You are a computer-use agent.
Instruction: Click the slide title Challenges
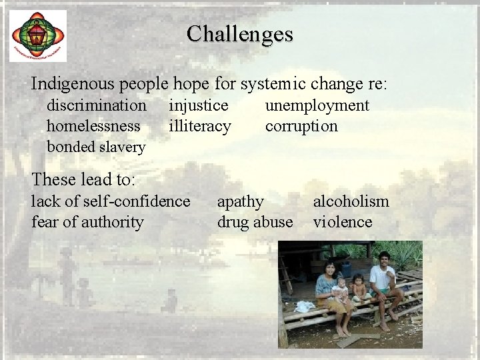pyautogui.click(x=239, y=33)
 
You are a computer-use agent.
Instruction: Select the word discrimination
pyautogui.click(x=97, y=105)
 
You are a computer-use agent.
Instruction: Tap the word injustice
pyautogui.click(x=199, y=105)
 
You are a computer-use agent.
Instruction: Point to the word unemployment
pyautogui.click(x=317, y=105)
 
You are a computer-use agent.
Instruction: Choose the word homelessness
pyautogui.click(x=93, y=126)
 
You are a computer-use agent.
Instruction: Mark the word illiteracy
pyautogui.click(x=200, y=126)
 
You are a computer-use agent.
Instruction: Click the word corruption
pyautogui.click(x=301, y=126)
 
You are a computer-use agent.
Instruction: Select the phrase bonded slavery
pyautogui.click(x=96, y=147)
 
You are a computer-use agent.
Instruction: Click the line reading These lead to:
pyautogui.click(x=83, y=179)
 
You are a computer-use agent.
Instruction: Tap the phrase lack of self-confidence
pyautogui.click(x=111, y=201)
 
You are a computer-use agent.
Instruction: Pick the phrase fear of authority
pyautogui.click(x=87, y=221)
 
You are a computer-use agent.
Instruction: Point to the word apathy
pyautogui.click(x=241, y=201)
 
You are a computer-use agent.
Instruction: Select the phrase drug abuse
pyautogui.click(x=255, y=221)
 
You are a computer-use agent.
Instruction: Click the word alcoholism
pyautogui.click(x=351, y=201)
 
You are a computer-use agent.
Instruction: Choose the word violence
pyautogui.click(x=343, y=221)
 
